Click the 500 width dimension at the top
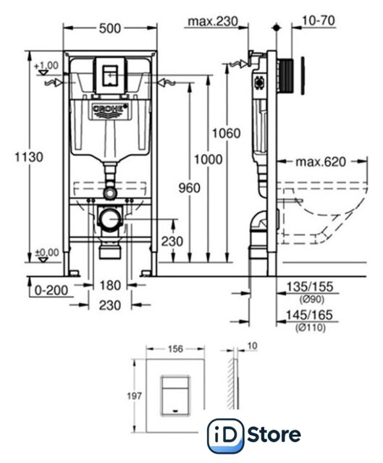pyautogui.click(x=110, y=28)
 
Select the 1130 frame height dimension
pyautogui.click(x=29, y=157)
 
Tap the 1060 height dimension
pyautogui.click(x=227, y=133)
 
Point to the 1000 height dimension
pyautogui.click(x=208, y=159)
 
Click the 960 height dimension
pyautogui.click(x=190, y=188)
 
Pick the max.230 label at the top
pyautogui.click(x=213, y=21)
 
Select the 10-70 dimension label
pyautogui.click(x=319, y=21)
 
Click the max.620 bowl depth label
pyautogui.click(x=321, y=162)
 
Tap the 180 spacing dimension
pyautogui.click(x=110, y=286)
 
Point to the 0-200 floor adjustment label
pyautogui.click(x=51, y=291)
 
